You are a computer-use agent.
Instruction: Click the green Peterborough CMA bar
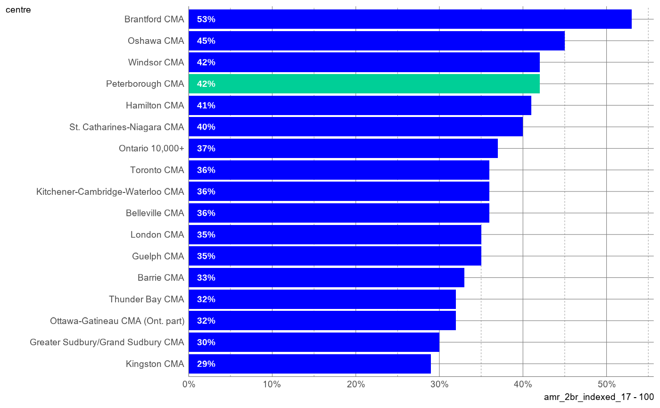click(x=364, y=84)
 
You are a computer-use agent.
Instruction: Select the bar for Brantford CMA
click(x=410, y=19)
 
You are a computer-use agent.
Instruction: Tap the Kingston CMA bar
click(x=310, y=364)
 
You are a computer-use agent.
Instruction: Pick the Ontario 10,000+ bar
click(x=343, y=148)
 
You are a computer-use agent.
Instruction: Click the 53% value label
click(x=206, y=19)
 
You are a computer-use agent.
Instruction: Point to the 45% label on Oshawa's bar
click(x=206, y=41)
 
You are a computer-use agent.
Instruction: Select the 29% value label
click(x=206, y=364)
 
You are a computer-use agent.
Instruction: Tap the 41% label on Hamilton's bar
click(x=206, y=105)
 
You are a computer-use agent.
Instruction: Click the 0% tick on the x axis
click(x=189, y=384)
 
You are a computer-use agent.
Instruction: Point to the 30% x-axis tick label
click(x=439, y=384)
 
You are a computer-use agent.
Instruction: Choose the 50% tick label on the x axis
click(x=607, y=384)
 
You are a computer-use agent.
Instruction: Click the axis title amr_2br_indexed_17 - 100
click(x=599, y=397)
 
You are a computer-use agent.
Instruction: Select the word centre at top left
click(x=18, y=10)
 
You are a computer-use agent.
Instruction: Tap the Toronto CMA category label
click(x=157, y=170)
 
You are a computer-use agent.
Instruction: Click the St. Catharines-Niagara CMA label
click(x=127, y=127)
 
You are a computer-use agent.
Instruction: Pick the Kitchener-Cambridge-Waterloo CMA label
click(x=110, y=192)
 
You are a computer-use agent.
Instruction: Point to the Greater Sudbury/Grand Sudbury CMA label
click(x=107, y=342)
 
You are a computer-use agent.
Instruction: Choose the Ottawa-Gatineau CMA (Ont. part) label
click(x=117, y=321)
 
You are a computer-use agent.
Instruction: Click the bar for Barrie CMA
click(x=326, y=278)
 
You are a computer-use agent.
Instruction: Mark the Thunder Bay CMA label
click(x=147, y=299)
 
